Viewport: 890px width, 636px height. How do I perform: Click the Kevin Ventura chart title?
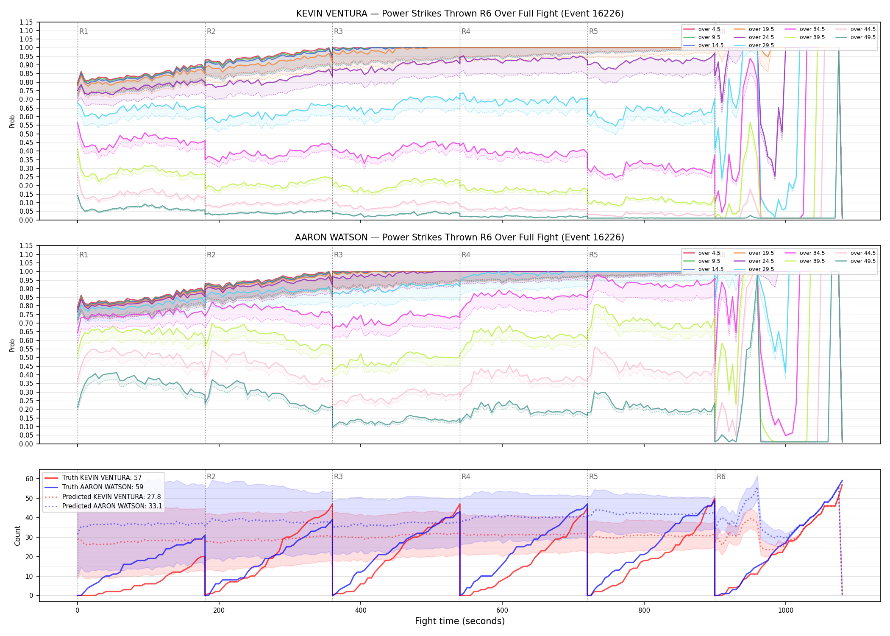(460, 14)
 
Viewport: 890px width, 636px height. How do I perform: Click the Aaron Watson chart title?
(460, 237)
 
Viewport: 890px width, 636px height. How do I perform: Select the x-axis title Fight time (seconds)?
(460, 621)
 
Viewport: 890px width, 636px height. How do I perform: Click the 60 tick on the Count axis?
(29, 479)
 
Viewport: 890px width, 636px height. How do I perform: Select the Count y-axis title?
(17, 536)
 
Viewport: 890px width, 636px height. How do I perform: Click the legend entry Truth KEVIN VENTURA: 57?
(102, 477)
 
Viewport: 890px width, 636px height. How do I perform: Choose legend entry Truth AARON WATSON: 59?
(103, 487)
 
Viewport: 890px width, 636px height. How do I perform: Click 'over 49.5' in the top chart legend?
(863, 37)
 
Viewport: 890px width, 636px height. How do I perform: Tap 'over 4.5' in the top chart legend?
(709, 29)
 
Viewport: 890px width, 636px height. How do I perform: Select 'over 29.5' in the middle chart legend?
(761, 269)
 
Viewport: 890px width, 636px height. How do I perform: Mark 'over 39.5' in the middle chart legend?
(812, 261)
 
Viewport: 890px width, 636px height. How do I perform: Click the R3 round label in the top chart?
(338, 31)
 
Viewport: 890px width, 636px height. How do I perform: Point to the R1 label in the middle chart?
(83, 255)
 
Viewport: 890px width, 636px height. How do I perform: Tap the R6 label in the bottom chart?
(721, 477)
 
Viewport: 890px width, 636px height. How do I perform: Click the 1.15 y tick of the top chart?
(26, 22)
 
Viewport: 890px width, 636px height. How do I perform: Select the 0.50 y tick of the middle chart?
(26, 357)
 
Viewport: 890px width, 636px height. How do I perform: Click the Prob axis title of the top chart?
(12, 121)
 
